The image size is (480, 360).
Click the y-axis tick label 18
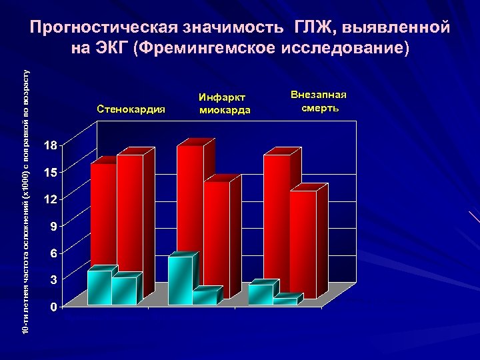(x=51, y=145)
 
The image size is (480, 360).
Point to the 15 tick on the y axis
(x=51, y=172)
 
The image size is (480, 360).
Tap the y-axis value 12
(x=51, y=199)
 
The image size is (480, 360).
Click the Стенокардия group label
(x=131, y=109)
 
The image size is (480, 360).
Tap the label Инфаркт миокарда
(x=225, y=104)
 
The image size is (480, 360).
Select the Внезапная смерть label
(x=319, y=101)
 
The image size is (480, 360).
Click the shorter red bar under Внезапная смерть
(x=303, y=243)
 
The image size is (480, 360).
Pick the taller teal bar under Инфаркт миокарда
(x=180, y=280)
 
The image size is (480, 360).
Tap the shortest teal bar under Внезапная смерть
(x=285, y=301)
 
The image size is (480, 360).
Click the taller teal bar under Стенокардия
(x=99, y=287)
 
